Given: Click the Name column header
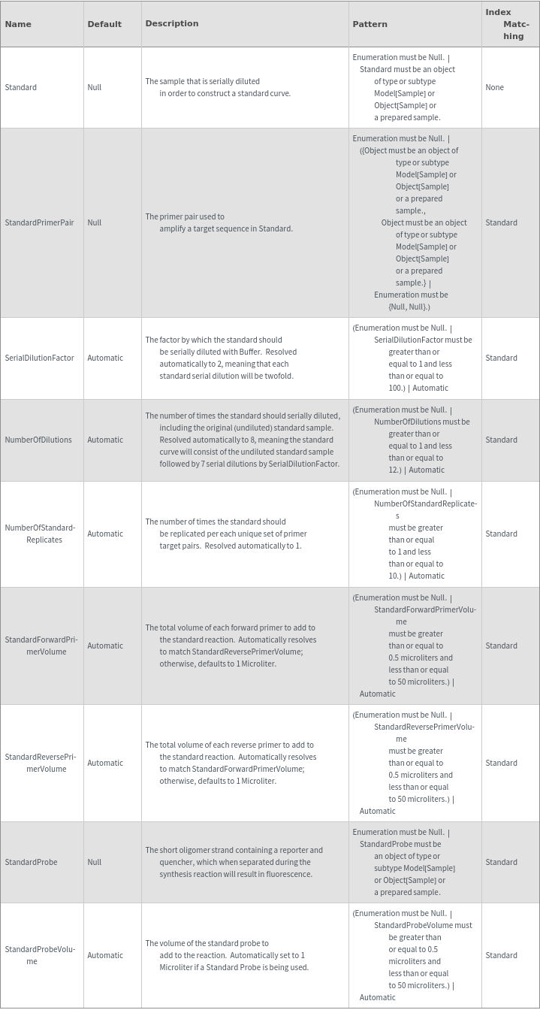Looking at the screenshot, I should tap(18, 24).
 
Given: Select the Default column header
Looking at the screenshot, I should tap(104, 24).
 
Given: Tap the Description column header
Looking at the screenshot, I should tap(172, 23).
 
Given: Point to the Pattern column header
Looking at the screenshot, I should tap(370, 24).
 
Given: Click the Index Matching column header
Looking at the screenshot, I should tap(508, 24).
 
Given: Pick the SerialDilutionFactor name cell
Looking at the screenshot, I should tap(39, 358).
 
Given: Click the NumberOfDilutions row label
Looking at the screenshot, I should tap(38, 440).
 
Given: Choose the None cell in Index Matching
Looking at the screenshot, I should tap(494, 87).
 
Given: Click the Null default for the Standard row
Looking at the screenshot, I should tap(94, 87).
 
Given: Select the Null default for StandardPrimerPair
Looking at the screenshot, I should tap(94, 222).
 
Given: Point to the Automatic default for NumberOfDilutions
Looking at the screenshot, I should tap(105, 440).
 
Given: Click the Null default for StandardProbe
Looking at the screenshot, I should tap(94, 862).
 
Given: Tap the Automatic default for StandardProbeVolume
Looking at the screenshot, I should tap(105, 955).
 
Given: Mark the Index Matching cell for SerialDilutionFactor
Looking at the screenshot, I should tap(501, 358).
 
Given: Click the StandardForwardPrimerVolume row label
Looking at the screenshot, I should tap(41, 646).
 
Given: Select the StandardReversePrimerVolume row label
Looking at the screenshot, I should tap(41, 763).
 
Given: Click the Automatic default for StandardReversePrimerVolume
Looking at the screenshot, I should tap(105, 763).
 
